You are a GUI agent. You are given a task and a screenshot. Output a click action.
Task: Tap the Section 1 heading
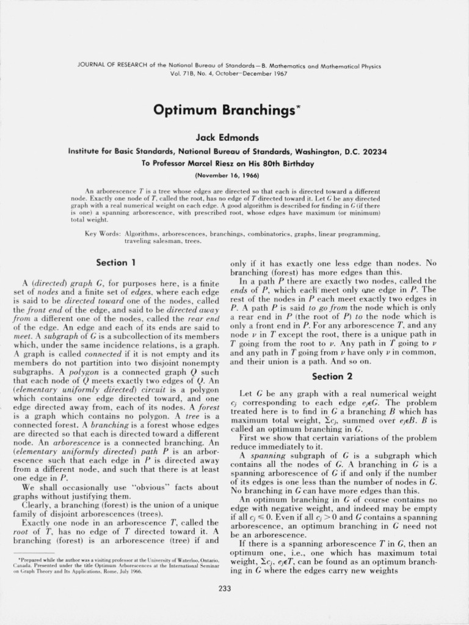[x=115, y=262]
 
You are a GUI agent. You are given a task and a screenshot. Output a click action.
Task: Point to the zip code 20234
[x=373, y=151]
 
